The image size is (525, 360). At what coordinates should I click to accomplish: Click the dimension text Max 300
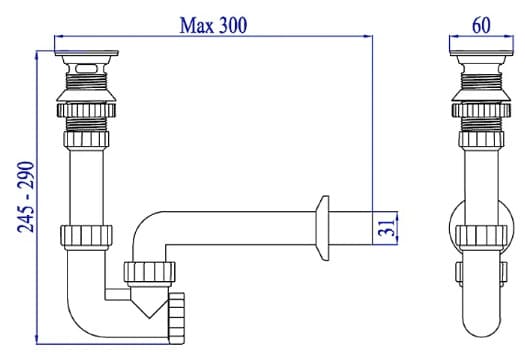213,23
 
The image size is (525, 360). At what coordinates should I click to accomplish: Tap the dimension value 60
480,23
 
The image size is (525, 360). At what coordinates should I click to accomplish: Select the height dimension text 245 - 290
25,196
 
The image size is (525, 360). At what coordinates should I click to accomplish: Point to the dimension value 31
387,228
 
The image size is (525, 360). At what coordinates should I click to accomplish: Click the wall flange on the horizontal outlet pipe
322,226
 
